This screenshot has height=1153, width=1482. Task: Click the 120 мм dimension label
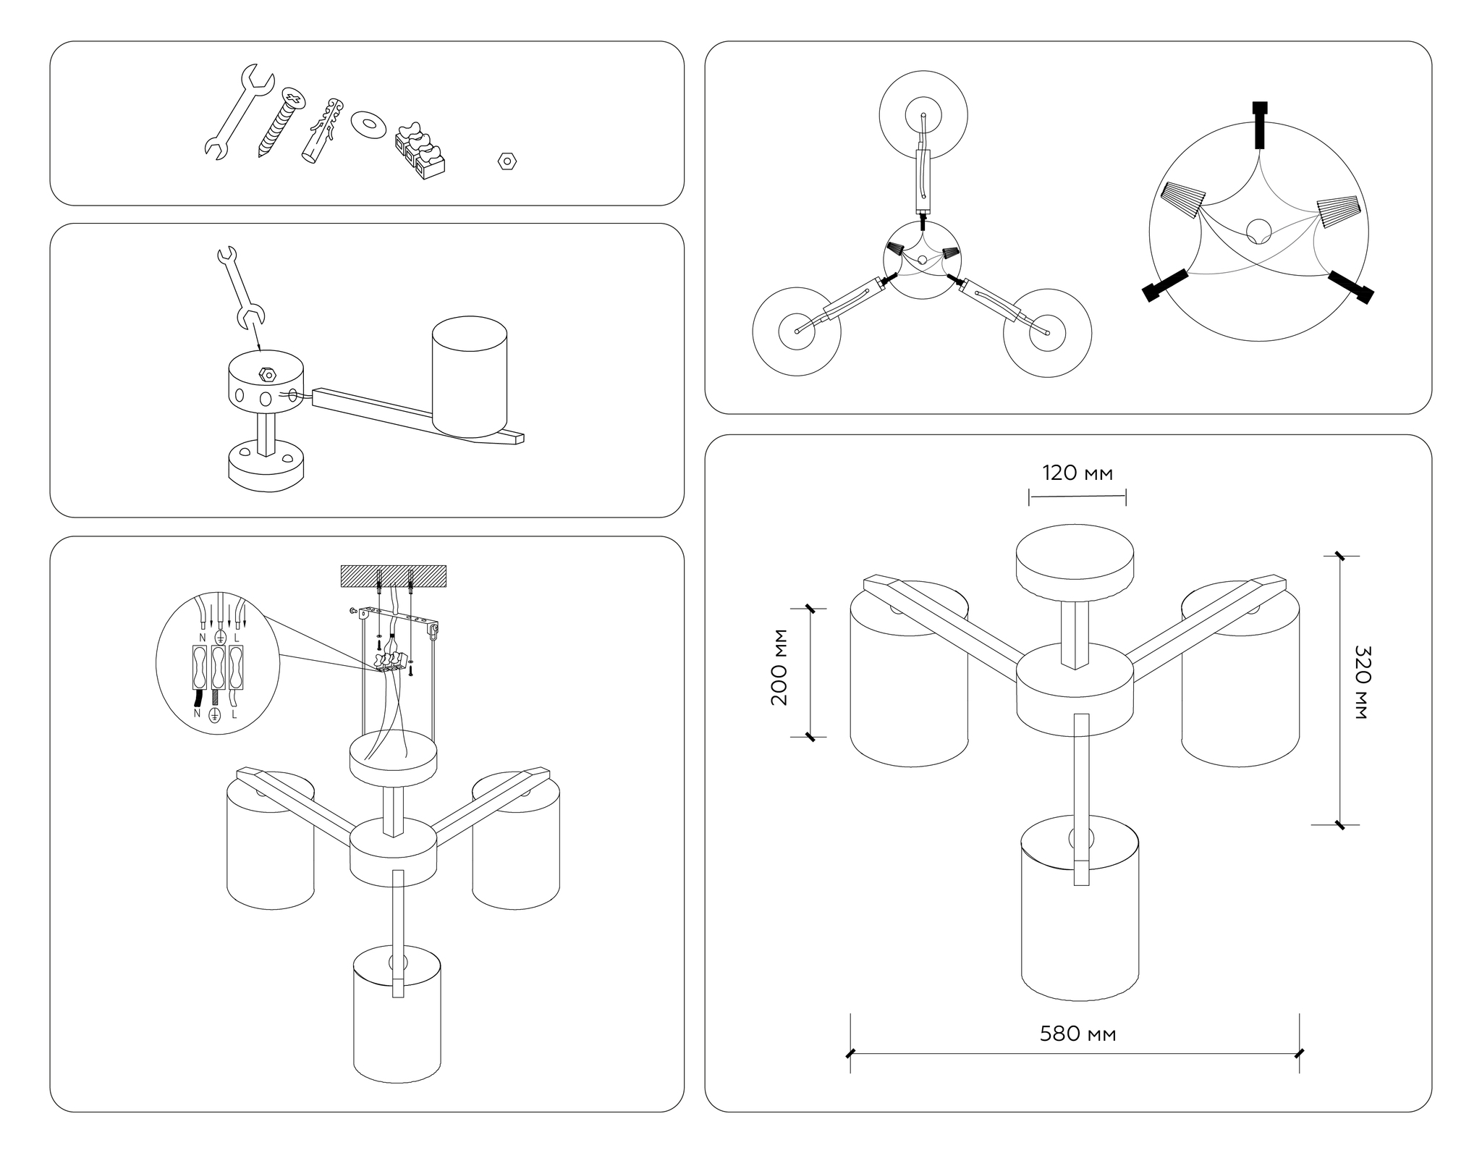pyautogui.click(x=1077, y=473)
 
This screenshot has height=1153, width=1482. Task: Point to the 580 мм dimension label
pyautogui.click(x=1077, y=1034)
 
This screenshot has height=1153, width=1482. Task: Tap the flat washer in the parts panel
pyautogui.click(x=368, y=124)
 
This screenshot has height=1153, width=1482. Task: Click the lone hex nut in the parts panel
pyautogui.click(x=507, y=161)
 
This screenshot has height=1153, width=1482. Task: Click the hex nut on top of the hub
pyautogui.click(x=268, y=374)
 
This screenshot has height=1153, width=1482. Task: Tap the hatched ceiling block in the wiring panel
pyautogui.click(x=394, y=576)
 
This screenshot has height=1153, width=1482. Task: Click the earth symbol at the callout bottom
pyautogui.click(x=215, y=715)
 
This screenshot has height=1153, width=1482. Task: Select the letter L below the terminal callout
pyautogui.click(x=234, y=714)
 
